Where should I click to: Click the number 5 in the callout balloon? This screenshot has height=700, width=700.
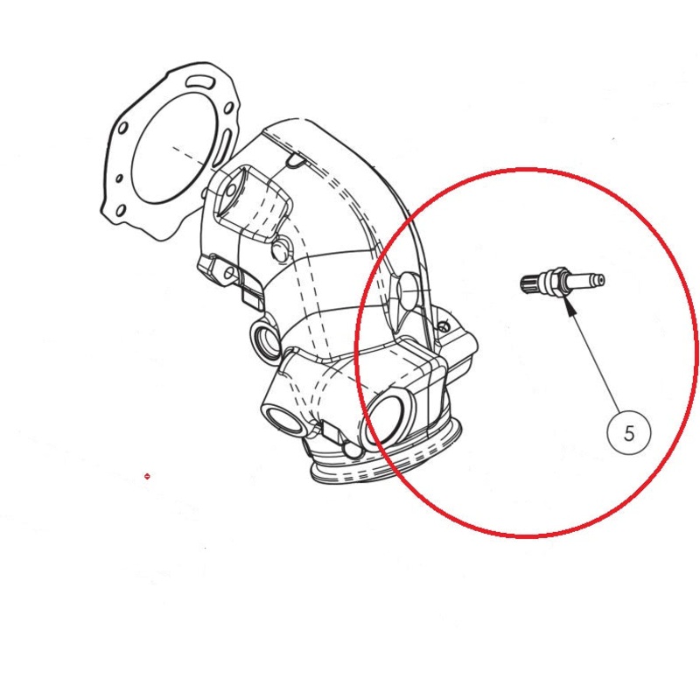click(x=629, y=433)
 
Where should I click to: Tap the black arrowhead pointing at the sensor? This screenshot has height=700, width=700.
click(x=569, y=308)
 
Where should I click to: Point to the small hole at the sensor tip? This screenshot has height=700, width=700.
click(x=601, y=281)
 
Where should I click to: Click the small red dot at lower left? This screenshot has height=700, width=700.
click(x=147, y=476)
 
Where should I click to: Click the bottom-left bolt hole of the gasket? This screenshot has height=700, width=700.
click(x=121, y=210)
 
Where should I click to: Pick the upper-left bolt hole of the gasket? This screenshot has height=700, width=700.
click(x=122, y=129)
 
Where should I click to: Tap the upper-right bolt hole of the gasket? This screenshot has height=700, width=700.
click(x=228, y=108)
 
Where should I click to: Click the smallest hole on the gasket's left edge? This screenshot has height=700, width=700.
click(x=119, y=178)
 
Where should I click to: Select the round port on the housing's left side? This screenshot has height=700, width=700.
click(x=264, y=339)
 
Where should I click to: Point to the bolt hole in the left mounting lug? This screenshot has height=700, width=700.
click(x=229, y=272)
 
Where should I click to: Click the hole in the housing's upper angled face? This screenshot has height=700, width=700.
click(x=231, y=191)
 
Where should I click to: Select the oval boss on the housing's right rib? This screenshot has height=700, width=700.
click(x=409, y=291)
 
